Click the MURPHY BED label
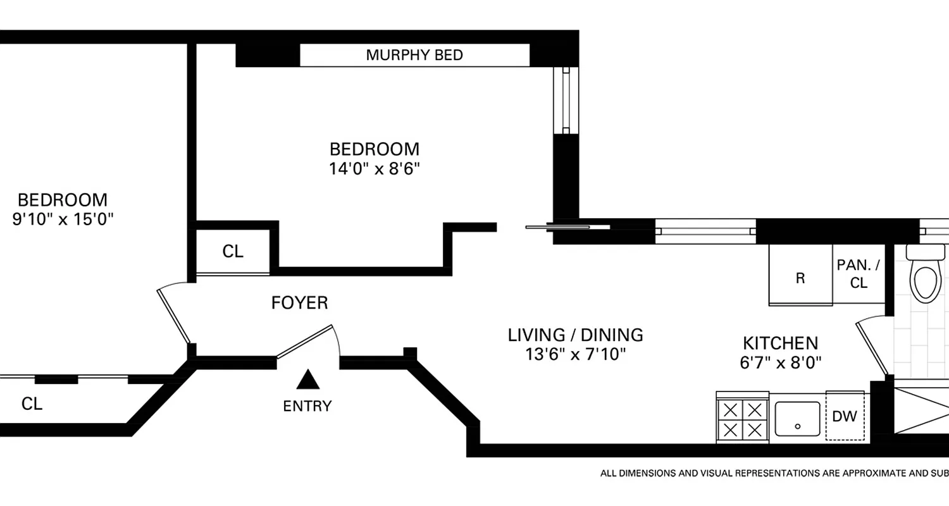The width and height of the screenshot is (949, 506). pyautogui.click(x=414, y=55)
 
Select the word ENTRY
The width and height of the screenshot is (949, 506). pyautogui.click(x=307, y=406)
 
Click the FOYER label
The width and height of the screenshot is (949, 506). pyautogui.click(x=299, y=304)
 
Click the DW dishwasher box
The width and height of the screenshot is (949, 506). pyautogui.click(x=845, y=416)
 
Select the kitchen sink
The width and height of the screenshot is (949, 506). pyautogui.click(x=797, y=418)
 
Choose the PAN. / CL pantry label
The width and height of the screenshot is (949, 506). pyautogui.click(x=858, y=274)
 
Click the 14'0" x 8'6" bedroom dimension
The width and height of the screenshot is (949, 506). pyautogui.click(x=374, y=170)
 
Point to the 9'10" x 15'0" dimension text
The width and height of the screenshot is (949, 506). pyautogui.click(x=63, y=219)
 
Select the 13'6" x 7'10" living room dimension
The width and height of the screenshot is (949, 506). pyautogui.click(x=575, y=354)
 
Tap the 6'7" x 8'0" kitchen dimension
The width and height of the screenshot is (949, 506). pyautogui.click(x=780, y=363)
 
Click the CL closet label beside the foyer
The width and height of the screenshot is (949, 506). pyautogui.click(x=233, y=252)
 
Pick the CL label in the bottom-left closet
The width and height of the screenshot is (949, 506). pyautogui.click(x=32, y=404)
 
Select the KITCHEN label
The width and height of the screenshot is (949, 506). pyautogui.click(x=780, y=343)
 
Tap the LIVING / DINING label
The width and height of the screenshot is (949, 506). pyautogui.click(x=575, y=335)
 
